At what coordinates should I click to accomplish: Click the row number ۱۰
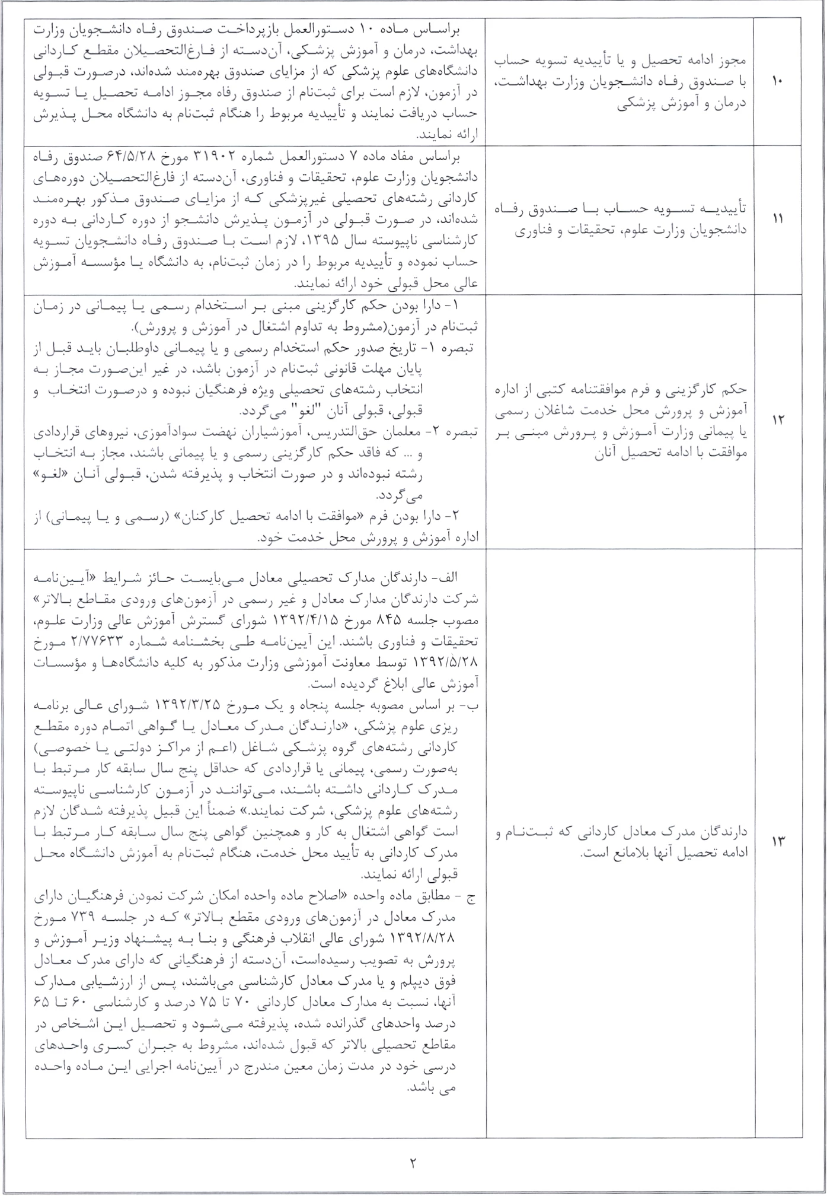coord(777,81)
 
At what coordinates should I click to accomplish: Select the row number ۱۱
coord(777,218)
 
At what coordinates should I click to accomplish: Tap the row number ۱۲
coord(777,420)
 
